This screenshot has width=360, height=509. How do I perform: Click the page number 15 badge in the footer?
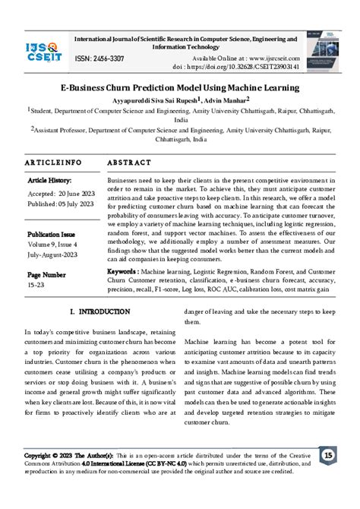coord(328,476)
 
